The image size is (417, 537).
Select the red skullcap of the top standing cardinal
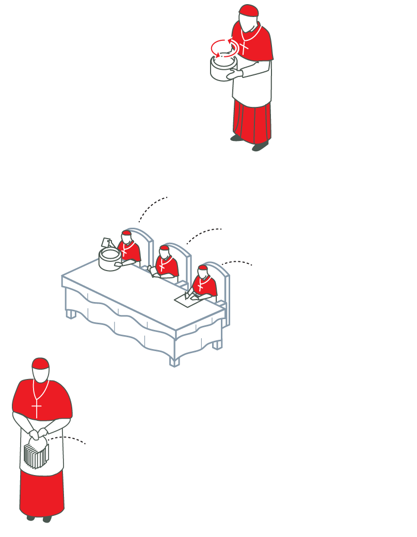[x=249, y=11]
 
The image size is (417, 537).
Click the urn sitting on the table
[x=109, y=258]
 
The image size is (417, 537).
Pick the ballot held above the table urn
[x=106, y=242]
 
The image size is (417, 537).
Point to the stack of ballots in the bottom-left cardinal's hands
[x=35, y=454]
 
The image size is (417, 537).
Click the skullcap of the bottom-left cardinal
[x=40, y=363]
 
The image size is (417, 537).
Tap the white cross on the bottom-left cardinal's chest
[x=36, y=409]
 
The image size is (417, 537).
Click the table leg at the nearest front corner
[x=174, y=359]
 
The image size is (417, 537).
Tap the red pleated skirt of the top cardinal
[x=252, y=121]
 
